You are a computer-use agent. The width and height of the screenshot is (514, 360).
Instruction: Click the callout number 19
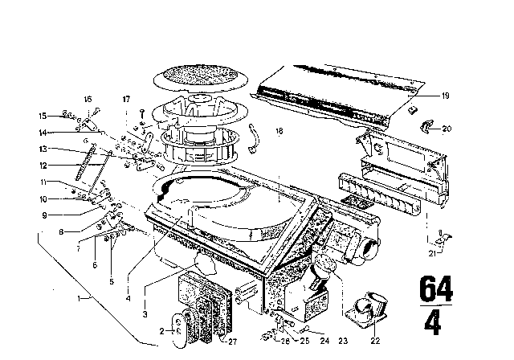[x=445, y=96]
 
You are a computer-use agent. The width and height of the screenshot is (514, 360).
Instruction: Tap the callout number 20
[x=447, y=129]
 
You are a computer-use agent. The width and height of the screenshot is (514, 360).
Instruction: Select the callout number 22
[x=375, y=341]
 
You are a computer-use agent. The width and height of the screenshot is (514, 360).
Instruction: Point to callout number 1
[x=79, y=298]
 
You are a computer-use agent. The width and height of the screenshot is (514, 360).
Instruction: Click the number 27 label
[x=232, y=342]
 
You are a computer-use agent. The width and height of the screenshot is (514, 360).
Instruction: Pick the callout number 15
[x=43, y=116]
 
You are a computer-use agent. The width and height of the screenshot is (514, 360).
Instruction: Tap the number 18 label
[x=279, y=131]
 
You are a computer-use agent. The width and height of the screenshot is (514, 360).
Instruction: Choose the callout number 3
[x=145, y=314]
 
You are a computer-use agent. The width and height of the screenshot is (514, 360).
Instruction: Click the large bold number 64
[x=436, y=288]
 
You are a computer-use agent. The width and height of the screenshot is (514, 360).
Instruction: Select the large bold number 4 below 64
[x=434, y=321]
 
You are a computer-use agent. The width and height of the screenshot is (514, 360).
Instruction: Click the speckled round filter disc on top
[x=201, y=76]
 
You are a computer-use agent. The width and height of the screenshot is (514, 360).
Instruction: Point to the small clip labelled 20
[x=426, y=126]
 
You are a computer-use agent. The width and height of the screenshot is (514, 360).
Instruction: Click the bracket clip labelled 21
[x=443, y=238]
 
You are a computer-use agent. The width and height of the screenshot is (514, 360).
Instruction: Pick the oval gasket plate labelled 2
[x=178, y=330]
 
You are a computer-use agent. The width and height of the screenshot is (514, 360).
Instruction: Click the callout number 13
[x=43, y=149]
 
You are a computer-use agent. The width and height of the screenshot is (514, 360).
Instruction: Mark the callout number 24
[x=324, y=341]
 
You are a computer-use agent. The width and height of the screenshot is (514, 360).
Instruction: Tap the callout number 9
[x=44, y=215]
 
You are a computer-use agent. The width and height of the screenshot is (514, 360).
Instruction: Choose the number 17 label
[x=127, y=99]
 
